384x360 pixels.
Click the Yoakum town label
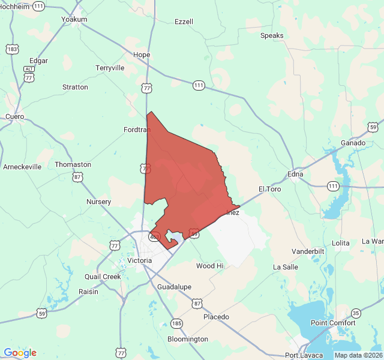tap(74, 19)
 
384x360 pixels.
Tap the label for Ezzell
tap(184, 22)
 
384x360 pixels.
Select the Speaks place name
tap(272, 36)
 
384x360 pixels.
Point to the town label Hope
tap(142, 55)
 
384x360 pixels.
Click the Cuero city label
tap(14, 116)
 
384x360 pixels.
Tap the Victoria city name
tap(139, 261)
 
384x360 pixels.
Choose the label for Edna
tap(295, 174)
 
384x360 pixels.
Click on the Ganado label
tap(353, 143)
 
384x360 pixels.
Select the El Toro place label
tap(270, 188)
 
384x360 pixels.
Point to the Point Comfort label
tap(333, 323)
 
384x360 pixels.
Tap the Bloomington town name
tap(188, 339)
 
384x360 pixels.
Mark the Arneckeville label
tap(22, 167)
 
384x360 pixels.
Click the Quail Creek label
tap(103, 277)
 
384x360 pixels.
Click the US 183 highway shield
tap(11, 49)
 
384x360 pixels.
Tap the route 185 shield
tap(176, 323)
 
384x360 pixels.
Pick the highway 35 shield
tap(356, 313)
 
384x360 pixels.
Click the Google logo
tap(20, 353)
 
